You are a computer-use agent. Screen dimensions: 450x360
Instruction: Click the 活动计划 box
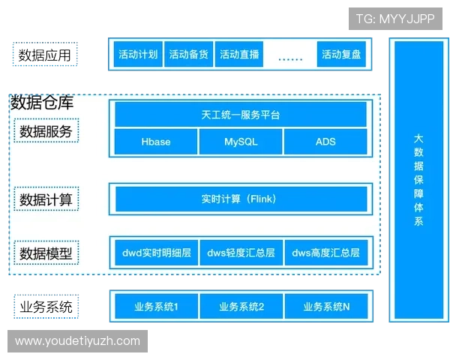pyautogui.click(x=138, y=54)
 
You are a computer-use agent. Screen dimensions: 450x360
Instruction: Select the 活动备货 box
pyautogui.click(x=188, y=54)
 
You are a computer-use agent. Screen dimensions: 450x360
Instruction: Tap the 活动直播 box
pyautogui.click(x=239, y=54)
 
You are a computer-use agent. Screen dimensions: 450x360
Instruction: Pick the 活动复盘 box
pyautogui.click(x=341, y=54)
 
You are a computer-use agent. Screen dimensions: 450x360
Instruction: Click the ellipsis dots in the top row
pyautogui.click(x=290, y=59)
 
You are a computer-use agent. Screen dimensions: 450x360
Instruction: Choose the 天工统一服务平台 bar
pyautogui.click(x=241, y=115)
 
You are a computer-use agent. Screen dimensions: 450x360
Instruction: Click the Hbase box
pyautogui.click(x=156, y=142)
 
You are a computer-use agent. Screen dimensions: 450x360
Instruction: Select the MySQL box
pyautogui.click(x=241, y=142)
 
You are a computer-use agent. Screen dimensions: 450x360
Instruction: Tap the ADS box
pyautogui.click(x=325, y=142)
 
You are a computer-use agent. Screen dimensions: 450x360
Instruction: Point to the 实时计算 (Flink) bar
pyautogui.click(x=241, y=199)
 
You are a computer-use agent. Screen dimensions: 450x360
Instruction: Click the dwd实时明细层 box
pyautogui.click(x=157, y=253)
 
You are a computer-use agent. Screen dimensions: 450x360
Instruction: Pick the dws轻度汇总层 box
pyautogui.click(x=241, y=253)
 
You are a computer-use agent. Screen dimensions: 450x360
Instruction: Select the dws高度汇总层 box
pyautogui.click(x=326, y=253)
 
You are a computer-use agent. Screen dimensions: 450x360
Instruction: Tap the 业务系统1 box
pyautogui.click(x=157, y=306)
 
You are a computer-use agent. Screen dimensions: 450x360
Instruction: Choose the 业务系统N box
pyautogui.click(x=326, y=306)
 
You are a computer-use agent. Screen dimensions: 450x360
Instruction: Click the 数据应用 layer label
pyautogui.click(x=45, y=54)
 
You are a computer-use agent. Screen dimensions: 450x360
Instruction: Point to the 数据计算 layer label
pyautogui.click(x=46, y=199)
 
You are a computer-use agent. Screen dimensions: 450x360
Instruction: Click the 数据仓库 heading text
pyautogui.click(x=42, y=103)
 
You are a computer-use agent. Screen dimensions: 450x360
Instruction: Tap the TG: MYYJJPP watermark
pyautogui.click(x=395, y=19)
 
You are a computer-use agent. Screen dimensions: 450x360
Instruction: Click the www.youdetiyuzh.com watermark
pyautogui.click(x=77, y=341)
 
